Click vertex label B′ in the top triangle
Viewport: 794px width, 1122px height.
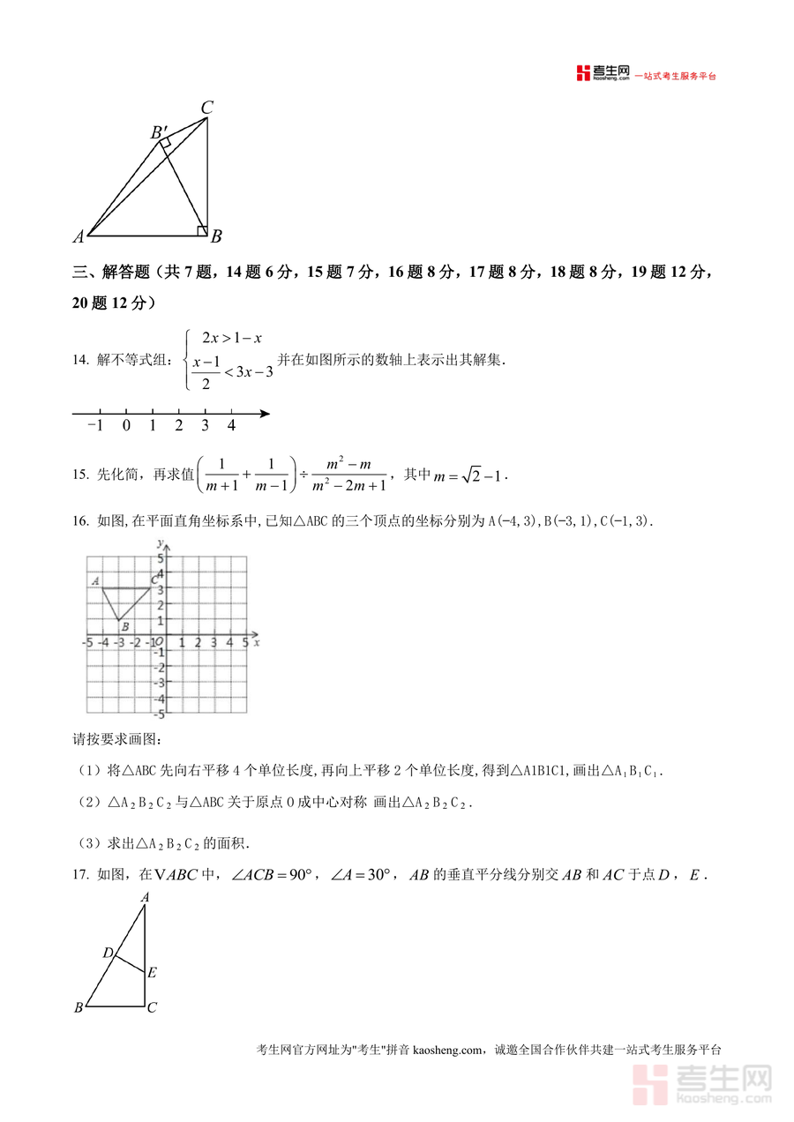(160, 132)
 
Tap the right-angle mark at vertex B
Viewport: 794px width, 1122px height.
(202, 231)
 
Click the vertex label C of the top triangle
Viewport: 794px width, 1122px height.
(206, 108)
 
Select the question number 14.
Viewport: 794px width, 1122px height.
(80, 360)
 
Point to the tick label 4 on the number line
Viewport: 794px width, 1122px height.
(231, 426)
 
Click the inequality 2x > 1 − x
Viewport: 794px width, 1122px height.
(232, 338)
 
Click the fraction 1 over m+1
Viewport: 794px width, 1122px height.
(221, 475)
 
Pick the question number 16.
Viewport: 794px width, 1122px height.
(80, 521)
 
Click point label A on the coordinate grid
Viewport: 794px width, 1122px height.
(94, 580)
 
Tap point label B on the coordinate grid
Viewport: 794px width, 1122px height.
(125, 627)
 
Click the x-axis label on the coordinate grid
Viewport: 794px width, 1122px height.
(256, 643)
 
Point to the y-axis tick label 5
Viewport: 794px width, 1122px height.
(161, 559)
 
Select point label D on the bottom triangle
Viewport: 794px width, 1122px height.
(108, 953)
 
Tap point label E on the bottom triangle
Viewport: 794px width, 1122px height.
(152, 973)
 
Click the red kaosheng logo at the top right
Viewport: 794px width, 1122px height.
(603, 73)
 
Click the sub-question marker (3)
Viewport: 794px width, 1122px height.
(91, 843)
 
